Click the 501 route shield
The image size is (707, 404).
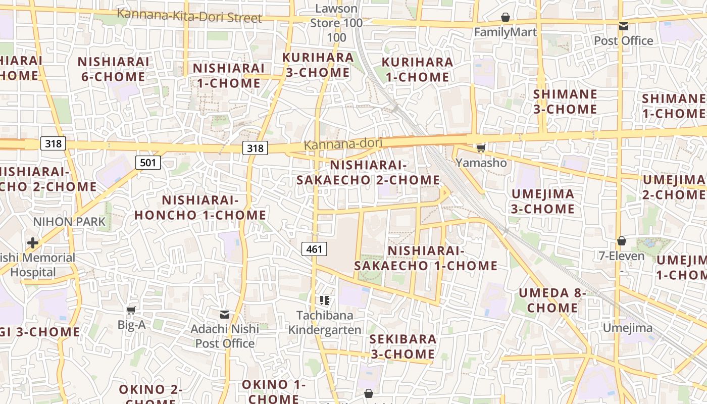coord(148,162)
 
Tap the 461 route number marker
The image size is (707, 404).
coord(314,248)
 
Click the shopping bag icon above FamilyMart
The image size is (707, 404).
coord(506,18)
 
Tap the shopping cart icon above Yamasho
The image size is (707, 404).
coord(481,148)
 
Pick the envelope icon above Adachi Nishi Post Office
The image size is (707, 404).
coord(225,315)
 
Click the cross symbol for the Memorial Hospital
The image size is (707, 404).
coord(33,243)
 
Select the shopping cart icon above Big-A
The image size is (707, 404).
coord(131,310)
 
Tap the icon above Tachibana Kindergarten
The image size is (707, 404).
coord(325,300)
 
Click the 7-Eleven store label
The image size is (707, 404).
coord(621,256)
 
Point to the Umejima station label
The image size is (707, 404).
coord(628,328)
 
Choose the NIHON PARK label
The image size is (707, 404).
coord(70,221)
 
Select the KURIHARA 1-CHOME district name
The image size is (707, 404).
coord(417,69)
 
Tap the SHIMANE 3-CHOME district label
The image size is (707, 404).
coord(565,102)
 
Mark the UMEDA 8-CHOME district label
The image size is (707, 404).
coord(552,300)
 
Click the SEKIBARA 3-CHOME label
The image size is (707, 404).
coord(402,346)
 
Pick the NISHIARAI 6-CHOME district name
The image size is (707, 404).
coord(114,69)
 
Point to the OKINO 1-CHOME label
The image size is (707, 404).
coord(273,391)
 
